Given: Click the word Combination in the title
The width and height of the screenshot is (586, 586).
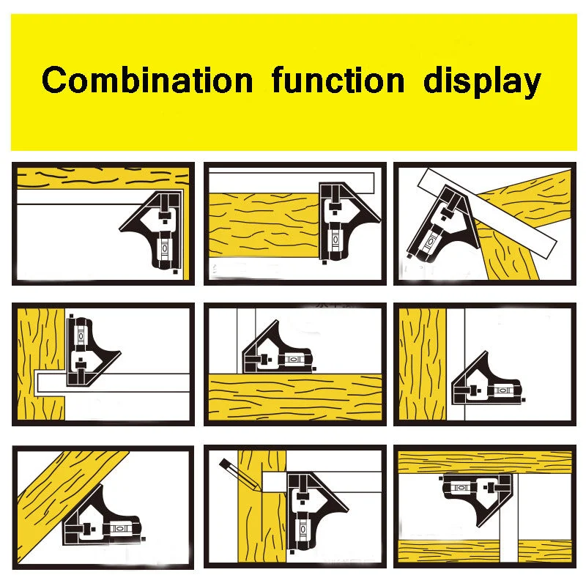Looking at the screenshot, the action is (147, 80).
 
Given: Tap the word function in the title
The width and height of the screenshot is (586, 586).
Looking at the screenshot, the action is (338, 80).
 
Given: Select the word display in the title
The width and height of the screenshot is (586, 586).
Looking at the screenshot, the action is (482, 82).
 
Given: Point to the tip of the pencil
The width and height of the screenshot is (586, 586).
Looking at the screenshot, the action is (260, 490).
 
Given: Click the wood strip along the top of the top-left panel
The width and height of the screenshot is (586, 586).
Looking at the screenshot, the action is (103, 178).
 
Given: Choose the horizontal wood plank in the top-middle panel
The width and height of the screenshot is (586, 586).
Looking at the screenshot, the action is (264, 226).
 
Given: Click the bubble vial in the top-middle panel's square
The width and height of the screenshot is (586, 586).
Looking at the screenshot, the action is (335, 240).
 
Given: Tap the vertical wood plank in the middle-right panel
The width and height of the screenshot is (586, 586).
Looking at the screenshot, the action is (423, 364).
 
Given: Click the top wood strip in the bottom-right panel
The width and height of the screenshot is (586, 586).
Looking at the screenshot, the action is (485, 463).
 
